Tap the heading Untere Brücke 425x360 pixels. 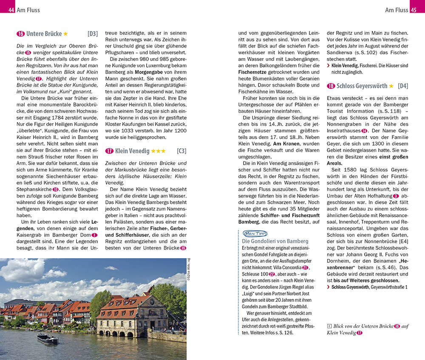44,34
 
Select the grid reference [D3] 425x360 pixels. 92,34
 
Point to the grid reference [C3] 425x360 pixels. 181,151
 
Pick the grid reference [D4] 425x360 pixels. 402,86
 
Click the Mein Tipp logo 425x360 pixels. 255,233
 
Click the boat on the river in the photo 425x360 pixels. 48,338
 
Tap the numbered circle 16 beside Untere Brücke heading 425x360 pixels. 20,34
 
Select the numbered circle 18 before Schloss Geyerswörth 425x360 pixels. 331,86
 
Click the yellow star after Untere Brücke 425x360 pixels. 65,34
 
